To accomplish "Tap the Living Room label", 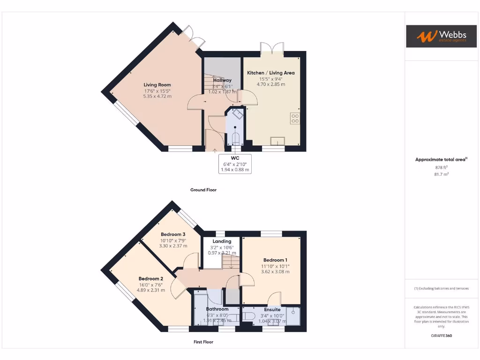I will (x=157, y=85).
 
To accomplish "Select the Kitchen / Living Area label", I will (x=270, y=73).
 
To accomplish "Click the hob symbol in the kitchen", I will (x=295, y=118).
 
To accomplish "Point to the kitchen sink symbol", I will (x=278, y=140).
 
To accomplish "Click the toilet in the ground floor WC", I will (x=235, y=138).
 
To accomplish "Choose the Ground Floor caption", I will (x=203, y=190).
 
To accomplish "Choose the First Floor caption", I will (x=203, y=342).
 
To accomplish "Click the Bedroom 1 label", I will (x=275, y=260).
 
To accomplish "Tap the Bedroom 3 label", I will (x=173, y=234).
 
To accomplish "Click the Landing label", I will (x=222, y=241).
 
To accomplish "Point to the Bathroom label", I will (x=217, y=309).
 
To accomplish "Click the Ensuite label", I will (x=272, y=309).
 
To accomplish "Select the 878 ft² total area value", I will (x=441, y=167).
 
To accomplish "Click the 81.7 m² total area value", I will (x=441, y=174).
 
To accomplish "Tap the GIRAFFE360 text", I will (x=441, y=336).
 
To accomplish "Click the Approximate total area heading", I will (x=441, y=159).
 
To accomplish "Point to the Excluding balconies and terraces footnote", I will (x=441, y=288).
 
